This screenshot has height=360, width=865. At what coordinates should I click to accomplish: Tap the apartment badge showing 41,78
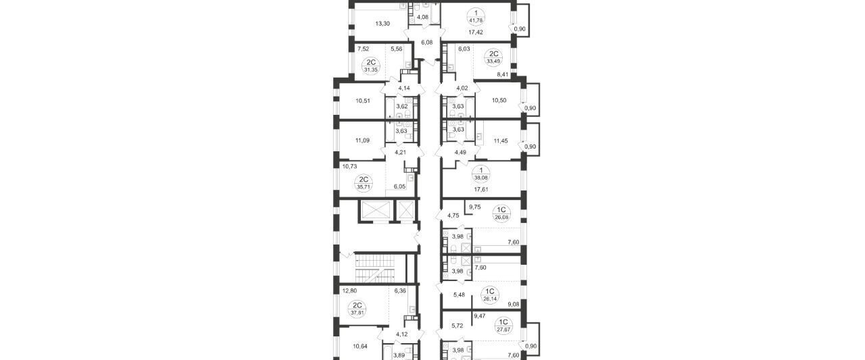pos(476,17)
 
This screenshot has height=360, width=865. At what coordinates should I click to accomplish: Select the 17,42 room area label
pos(476,32)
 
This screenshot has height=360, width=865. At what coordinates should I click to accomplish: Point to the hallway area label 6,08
pos(426,43)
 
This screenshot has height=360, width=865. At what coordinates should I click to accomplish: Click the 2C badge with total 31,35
pos(101,66)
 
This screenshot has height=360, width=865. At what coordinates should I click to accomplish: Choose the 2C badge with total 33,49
pos(494,57)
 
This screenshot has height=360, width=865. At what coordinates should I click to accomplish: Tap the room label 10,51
pos(93,101)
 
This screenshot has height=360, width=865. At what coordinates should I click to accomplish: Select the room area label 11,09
pos(92,140)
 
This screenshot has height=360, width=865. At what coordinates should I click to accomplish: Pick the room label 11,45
pos(501,141)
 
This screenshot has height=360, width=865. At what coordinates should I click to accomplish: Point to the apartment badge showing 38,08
pos(481,174)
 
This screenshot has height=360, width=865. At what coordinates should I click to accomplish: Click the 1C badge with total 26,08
pos(501,213)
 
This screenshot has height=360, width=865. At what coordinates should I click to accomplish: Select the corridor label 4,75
pos(453,215)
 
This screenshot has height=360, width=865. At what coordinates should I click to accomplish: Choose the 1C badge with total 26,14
pos(490,295)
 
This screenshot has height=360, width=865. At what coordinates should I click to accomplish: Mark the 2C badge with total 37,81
pos(87,309)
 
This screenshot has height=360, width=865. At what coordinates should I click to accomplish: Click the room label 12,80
pos(79,291)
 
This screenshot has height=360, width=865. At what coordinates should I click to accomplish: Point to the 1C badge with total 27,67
pos(503,326)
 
